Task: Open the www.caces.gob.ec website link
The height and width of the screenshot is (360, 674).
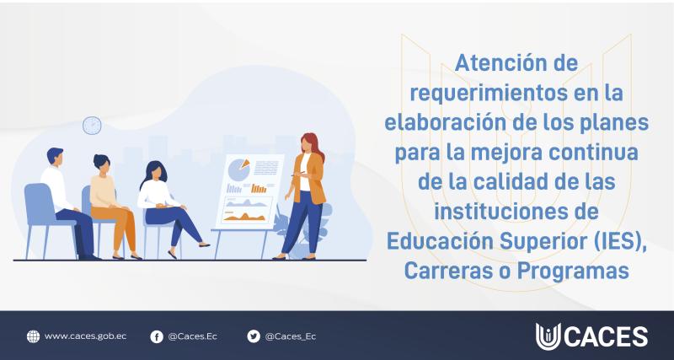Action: pos(85,336)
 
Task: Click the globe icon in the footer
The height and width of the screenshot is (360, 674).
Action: pos(33,336)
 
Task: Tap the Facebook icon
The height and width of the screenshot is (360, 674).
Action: pos(157,336)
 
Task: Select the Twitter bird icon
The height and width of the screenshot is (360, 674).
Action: pos(254,336)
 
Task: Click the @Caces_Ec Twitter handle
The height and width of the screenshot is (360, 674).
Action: pos(291,336)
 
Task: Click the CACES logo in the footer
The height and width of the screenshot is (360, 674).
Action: pos(591,336)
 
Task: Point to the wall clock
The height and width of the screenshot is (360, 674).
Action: pos(92,125)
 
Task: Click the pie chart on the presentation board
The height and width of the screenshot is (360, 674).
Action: pos(239,169)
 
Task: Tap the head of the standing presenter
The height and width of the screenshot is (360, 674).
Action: pos(310,143)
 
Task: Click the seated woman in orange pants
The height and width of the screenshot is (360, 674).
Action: pos(110,202)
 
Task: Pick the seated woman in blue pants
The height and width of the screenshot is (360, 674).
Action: pos(164,202)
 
